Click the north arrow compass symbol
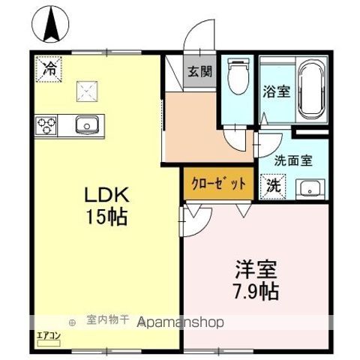click(x=53, y=24)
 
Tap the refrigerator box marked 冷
click(x=49, y=69)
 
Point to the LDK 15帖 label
click(x=107, y=207)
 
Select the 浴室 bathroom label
click(x=276, y=93)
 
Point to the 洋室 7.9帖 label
click(x=258, y=278)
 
